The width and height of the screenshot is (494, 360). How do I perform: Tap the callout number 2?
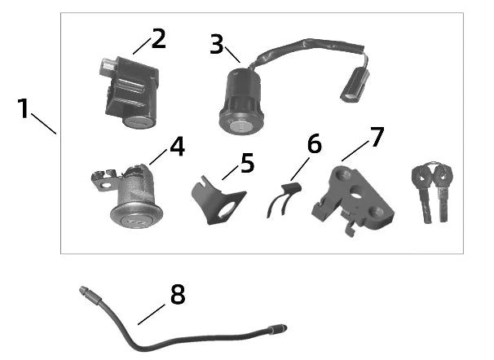coord(157,38)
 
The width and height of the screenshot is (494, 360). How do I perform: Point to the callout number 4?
coord(177,147)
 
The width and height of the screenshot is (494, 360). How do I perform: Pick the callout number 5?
coord(246,162)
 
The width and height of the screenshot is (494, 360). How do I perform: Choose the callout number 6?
coord(313,144)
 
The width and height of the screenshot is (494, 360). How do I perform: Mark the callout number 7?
coord(376,136)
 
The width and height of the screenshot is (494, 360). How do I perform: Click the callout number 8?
coord(177,295)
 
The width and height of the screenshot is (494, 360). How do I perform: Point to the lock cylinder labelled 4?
coord(136,200)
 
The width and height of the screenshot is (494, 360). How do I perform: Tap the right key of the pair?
coord(443,191)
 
